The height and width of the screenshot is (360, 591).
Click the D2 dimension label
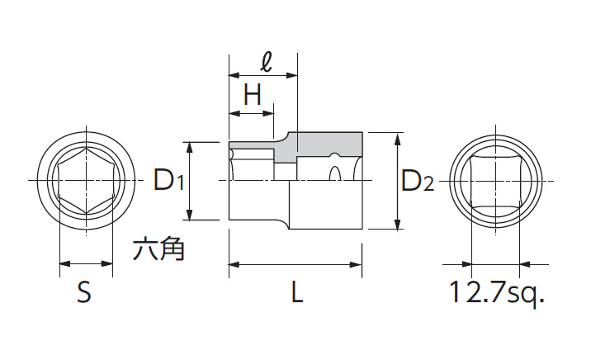point(417,180)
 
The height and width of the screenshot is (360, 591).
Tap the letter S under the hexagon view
point(84,292)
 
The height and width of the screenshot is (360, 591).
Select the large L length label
point(296,292)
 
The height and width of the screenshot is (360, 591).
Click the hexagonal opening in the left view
point(86,180)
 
